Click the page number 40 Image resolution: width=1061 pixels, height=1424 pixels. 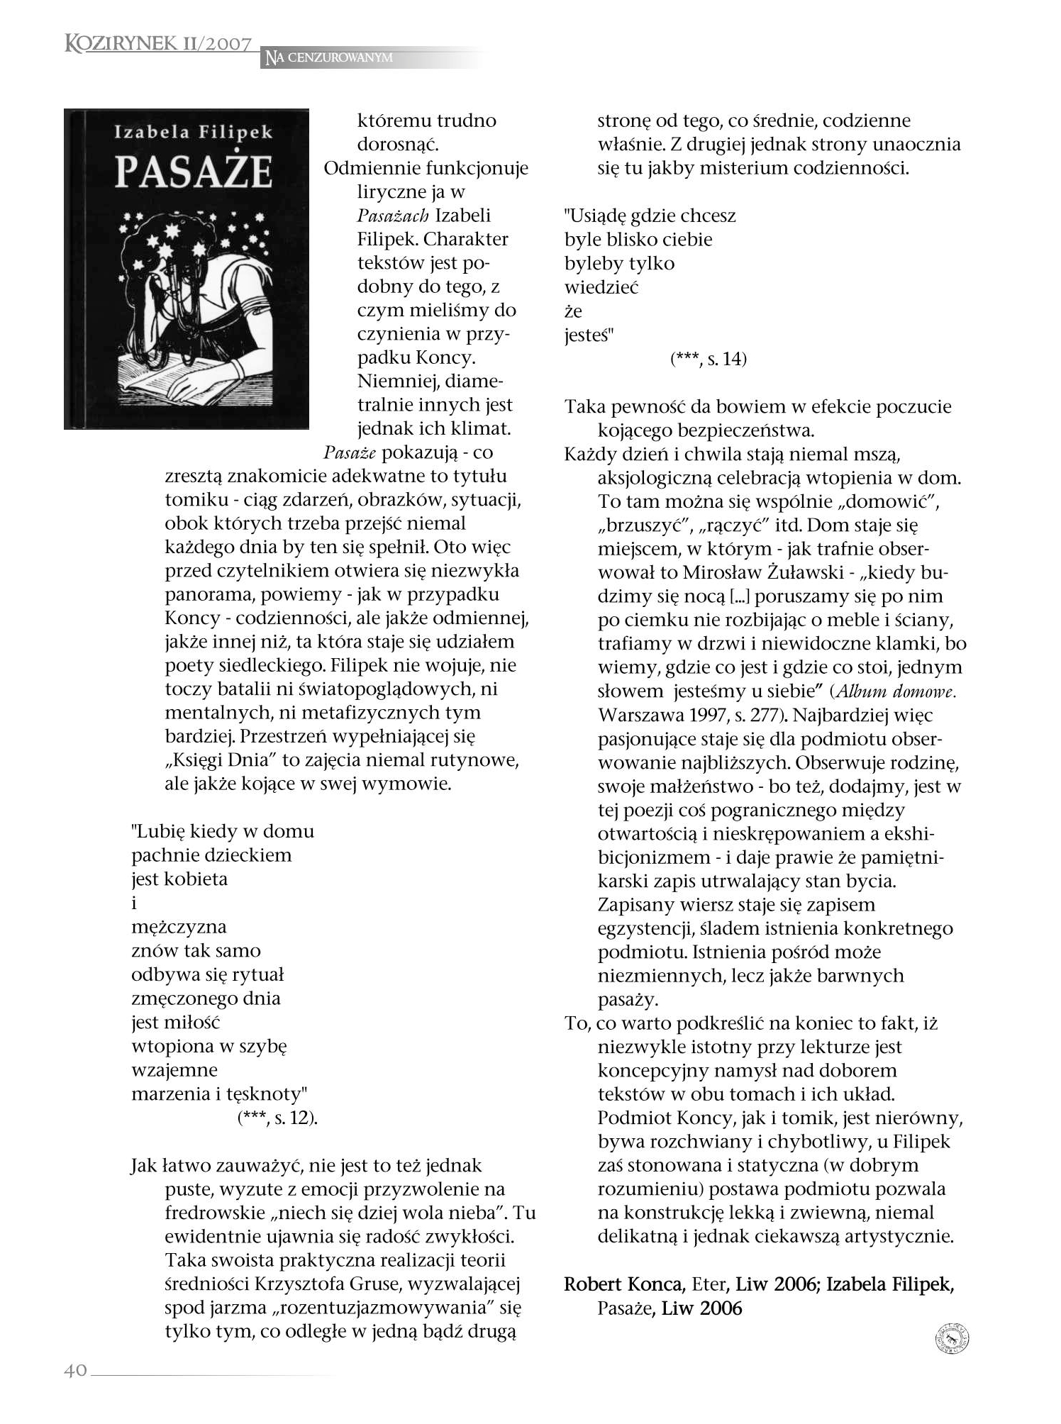point(75,1369)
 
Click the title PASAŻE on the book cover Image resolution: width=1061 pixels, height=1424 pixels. point(193,172)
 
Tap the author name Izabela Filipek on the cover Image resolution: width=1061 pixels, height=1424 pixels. point(193,132)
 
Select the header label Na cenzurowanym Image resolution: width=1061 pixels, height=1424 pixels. point(329,57)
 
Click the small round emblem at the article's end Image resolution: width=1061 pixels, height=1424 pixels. point(952,1339)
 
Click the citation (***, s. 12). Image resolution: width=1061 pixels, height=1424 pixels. point(277,1118)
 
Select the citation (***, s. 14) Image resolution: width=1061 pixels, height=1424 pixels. point(708,359)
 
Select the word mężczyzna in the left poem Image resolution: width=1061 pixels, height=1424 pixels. point(179,927)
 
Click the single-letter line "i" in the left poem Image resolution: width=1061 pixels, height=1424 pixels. point(134,903)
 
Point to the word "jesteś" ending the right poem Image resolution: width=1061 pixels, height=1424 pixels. point(588,335)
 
